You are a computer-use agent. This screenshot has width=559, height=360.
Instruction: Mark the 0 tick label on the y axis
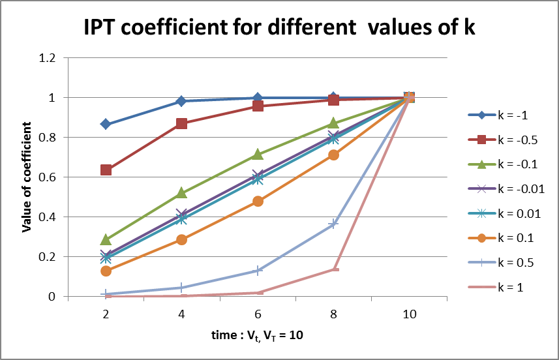59,297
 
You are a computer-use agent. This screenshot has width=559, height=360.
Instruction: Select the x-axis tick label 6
257,313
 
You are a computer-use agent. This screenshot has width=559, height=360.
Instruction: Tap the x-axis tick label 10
408,313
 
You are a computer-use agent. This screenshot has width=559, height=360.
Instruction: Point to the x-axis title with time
257,336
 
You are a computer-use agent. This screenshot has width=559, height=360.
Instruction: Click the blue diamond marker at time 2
106,124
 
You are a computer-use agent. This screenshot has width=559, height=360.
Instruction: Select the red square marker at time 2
106,170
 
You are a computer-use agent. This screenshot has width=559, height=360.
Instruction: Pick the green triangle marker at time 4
181,193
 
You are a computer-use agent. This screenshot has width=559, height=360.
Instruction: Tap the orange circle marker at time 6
257,201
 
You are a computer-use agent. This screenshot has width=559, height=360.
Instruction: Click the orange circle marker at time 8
333,155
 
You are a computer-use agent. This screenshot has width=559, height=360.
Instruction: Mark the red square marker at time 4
181,123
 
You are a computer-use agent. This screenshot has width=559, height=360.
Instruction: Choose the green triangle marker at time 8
333,123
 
